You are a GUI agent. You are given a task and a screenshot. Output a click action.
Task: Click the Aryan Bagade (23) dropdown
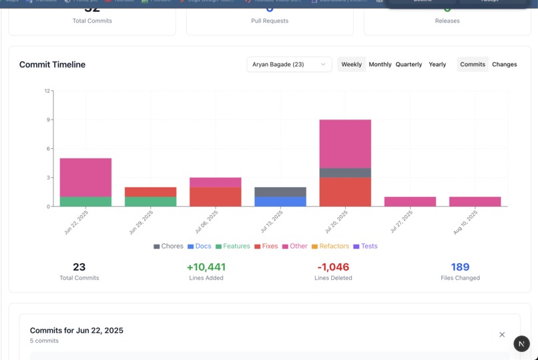289,64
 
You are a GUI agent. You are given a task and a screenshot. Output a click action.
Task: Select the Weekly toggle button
351,64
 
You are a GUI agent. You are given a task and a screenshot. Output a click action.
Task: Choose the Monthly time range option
380,64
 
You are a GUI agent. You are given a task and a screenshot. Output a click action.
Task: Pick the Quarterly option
409,64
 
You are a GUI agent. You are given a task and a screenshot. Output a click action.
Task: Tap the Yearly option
437,64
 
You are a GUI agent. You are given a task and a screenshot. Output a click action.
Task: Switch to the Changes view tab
504,64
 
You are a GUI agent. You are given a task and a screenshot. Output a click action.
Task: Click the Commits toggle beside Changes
473,64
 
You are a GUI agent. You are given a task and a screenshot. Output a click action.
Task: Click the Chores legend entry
168,246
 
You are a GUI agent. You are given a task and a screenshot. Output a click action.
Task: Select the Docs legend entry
199,246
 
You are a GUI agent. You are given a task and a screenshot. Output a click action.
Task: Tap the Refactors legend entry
330,246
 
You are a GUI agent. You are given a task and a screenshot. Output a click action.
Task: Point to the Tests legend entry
365,246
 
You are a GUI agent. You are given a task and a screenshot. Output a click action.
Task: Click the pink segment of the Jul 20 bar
345,144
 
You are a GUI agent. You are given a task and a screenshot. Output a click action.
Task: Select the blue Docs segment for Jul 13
280,202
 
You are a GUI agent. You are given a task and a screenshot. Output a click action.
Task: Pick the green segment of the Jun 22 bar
85,202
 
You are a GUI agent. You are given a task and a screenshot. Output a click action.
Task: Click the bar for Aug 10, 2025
475,202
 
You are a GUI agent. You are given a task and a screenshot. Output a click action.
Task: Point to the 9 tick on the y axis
48,120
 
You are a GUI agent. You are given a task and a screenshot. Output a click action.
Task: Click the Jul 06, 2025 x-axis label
207,222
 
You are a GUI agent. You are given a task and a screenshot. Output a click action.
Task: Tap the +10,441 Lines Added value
206,267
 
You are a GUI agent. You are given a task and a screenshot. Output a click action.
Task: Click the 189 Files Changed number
460,267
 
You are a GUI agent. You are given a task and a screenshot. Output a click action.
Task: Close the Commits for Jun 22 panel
502,335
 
